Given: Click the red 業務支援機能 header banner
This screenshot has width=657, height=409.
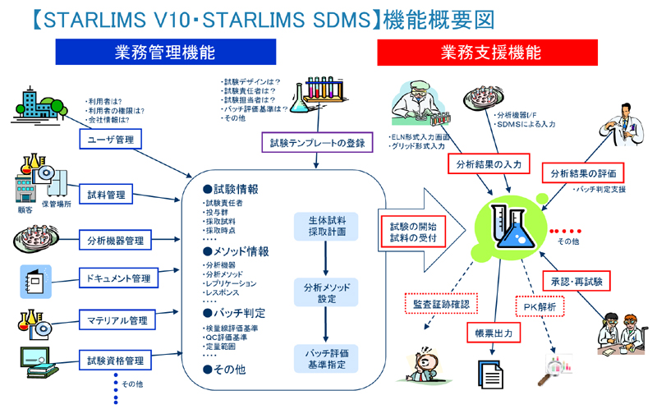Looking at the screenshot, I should [x=488, y=53].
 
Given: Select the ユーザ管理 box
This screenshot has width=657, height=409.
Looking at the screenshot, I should [x=110, y=140].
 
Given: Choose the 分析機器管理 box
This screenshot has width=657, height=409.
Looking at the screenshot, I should [x=115, y=241].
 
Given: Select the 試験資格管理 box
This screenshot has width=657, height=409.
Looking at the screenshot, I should [x=116, y=360].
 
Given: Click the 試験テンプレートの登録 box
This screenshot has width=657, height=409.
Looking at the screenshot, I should [x=317, y=143].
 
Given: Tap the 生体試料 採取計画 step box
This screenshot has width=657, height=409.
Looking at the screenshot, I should [x=326, y=226].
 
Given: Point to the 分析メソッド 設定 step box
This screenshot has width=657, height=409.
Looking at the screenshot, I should [x=326, y=293].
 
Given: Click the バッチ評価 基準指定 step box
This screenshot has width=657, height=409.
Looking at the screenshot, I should [x=326, y=358].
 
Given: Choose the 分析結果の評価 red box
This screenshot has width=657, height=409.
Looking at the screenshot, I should [x=582, y=173].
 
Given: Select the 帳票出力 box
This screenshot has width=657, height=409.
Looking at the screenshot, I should [x=493, y=333].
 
